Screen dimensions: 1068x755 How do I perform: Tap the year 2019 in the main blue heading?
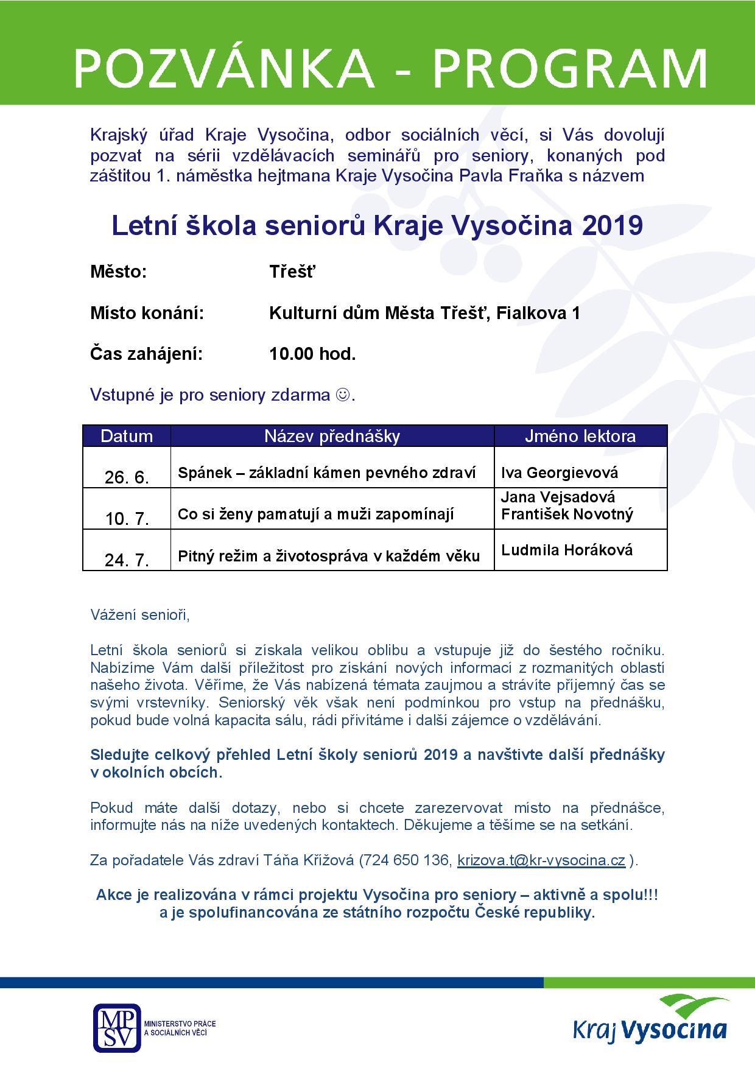pos(613,226)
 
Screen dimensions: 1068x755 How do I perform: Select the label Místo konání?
pos(147,313)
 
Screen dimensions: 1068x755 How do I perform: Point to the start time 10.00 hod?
pos(312,354)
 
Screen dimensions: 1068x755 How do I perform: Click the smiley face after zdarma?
pos(343,395)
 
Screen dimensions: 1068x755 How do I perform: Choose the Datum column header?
pos(127,436)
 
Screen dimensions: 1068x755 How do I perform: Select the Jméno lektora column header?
pos(580,436)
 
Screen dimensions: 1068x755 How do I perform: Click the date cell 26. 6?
pos(127,477)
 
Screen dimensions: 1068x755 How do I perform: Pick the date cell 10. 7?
pos(127,518)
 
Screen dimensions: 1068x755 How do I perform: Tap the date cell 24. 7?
pos(127,560)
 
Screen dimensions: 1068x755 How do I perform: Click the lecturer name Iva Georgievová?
pos(560,473)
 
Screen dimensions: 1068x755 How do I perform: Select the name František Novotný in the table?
pos(567,515)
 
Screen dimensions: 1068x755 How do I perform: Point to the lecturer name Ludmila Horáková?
pos(567,550)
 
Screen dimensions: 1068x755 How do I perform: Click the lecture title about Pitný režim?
pos(329,556)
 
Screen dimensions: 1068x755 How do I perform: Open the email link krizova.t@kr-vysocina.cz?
pos(541,860)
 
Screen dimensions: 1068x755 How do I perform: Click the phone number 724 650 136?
pos(406,860)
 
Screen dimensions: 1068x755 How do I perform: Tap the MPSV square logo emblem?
pos(116,1027)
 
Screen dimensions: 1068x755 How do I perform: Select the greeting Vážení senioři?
pos(140,615)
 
